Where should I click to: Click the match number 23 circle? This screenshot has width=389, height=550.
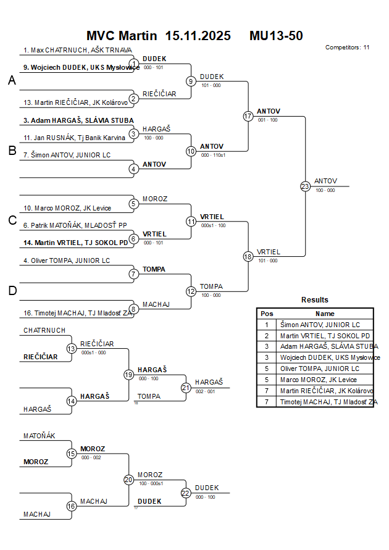305,186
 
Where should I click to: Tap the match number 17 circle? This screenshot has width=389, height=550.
248,116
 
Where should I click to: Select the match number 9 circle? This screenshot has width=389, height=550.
191,81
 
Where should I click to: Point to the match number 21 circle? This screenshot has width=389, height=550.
186,388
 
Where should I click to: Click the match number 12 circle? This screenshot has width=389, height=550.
191,291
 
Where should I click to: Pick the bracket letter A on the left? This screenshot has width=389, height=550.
12,80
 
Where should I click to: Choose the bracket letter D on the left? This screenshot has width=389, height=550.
12,290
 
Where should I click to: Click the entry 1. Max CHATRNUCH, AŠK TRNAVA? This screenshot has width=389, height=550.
77,50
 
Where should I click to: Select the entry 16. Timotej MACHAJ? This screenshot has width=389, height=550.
78,314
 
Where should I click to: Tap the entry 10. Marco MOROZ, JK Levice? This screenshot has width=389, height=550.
67,208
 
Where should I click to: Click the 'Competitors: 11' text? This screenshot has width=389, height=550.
347,47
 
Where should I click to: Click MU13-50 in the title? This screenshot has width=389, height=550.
276,36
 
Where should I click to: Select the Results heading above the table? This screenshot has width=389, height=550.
315,300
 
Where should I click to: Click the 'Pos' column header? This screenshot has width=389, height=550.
267,314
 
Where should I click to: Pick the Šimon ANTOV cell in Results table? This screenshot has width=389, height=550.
320,325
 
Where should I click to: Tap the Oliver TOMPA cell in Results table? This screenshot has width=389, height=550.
320,369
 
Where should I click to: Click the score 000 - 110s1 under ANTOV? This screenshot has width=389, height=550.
212,155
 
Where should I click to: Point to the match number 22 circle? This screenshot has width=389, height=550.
186,493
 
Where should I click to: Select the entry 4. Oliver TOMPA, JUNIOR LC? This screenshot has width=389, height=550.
67,260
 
